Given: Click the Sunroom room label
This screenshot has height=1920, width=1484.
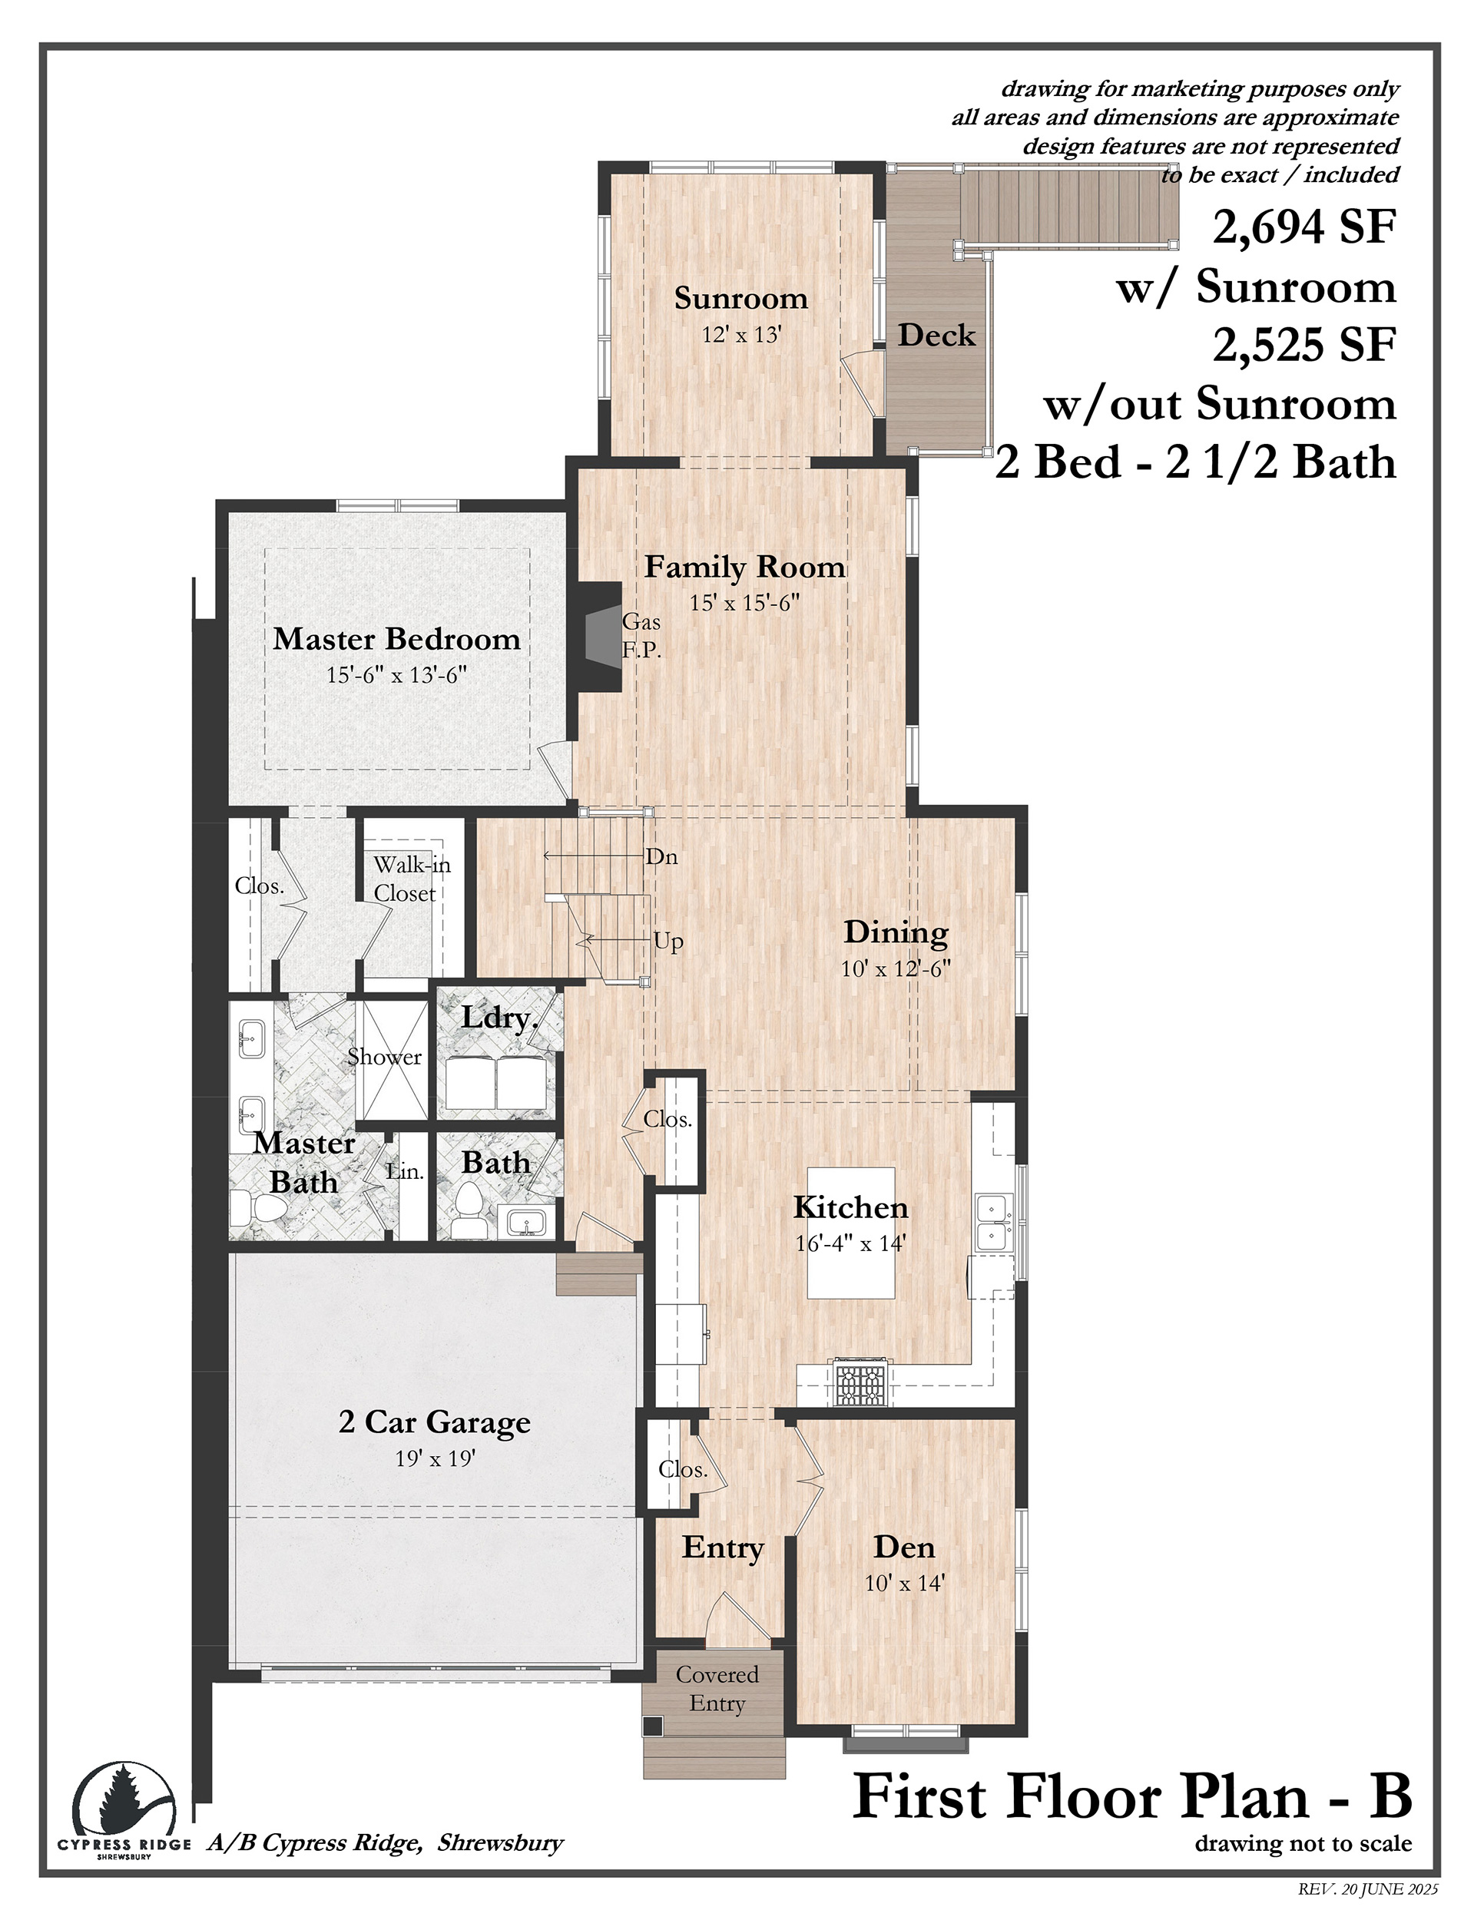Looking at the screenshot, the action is pyautogui.click(x=741, y=298).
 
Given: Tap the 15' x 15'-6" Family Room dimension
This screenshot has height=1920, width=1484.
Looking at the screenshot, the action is pyautogui.click(x=744, y=603).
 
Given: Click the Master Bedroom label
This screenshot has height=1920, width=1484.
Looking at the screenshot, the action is pyautogui.click(x=396, y=638).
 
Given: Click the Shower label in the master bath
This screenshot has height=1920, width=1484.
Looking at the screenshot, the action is pyautogui.click(x=384, y=1057).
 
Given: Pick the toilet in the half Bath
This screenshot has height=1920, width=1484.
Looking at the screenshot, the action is pyautogui.click(x=467, y=1208).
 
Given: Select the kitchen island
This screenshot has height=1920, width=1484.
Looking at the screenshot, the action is pyautogui.click(x=851, y=1233).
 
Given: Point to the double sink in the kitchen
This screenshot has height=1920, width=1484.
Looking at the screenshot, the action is pyautogui.click(x=993, y=1222).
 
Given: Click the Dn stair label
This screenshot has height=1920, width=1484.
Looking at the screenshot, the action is pyautogui.click(x=662, y=857).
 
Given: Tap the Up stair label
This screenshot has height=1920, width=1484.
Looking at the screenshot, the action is pyautogui.click(x=668, y=942).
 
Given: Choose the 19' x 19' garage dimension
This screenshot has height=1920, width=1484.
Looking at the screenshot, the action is pyautogui.click(x=436, y=1458).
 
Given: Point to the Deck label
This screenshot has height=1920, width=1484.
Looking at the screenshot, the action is pyautogui.click(x=936, y=335).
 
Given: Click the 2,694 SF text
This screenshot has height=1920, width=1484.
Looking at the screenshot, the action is pyautogui.click(x=1305, y=227).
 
